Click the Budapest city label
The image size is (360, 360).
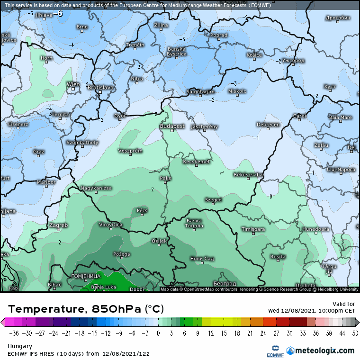pyautogui.click(x=172, y=126)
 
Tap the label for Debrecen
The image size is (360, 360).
pyautogui.click(x=268, y=125)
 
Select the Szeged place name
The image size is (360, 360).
pyautogui.click(x=213, y=200)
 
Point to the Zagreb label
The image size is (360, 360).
pyautogui.click(x=59, y=225)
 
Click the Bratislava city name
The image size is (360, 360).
pyautogui.click(x=101, y=88)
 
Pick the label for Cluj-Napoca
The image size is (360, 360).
pyautogui.click(x=341, y=170)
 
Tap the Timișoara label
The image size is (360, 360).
pyautogui.click(x=253, y=229)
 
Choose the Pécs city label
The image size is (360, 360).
pyautogui.click(x=142, y=210)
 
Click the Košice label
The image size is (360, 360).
pyautogui.click(x=254, y=55)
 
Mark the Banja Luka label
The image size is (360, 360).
pyautogui.click(x=103, y=287)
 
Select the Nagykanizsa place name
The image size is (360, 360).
pyautogui.click(x=97, y=188)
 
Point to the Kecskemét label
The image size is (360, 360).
pyautogui.click(x=196, y=162)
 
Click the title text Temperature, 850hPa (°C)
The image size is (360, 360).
pyautogui.click(x=86, y=309)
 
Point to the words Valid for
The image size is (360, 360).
pyautogui.click(x=344, y=304)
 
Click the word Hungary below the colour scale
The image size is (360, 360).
pyautogui.click(x=19, y=346)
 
